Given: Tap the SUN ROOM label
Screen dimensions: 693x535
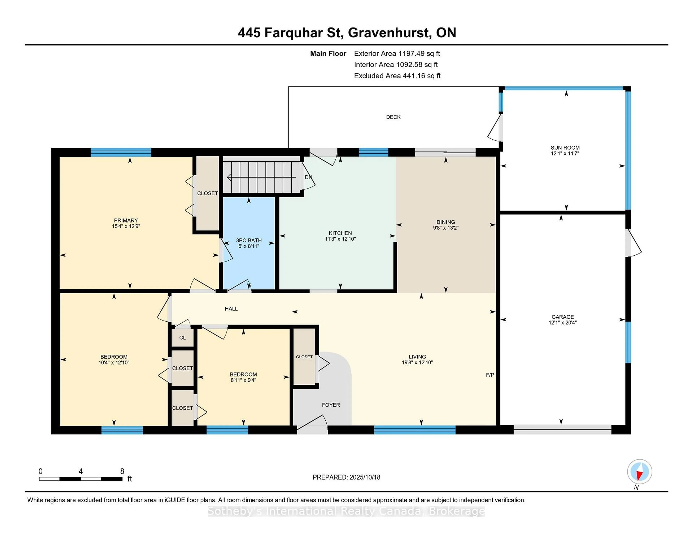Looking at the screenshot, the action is click(x=565, y=148).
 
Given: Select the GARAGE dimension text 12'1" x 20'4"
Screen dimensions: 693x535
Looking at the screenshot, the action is click(x=563, y=323).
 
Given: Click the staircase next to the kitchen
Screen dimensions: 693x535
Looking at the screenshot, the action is click(x=262, y=177).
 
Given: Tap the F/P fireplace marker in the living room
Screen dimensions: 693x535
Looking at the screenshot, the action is click(x=490, y=375).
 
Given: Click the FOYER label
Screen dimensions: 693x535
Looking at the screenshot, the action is click(x=331, y=405).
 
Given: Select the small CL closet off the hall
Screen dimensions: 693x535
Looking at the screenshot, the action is click(x=182, y=338).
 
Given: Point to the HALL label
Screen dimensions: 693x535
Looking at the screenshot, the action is click(x=231, y=309).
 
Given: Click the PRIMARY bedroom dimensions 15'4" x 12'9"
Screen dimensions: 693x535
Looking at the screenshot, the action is click(x=126, y=226).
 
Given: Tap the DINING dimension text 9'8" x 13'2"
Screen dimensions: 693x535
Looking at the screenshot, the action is click(x=446, y=227).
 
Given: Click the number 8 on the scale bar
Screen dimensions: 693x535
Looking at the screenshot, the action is click(x=122, y=471).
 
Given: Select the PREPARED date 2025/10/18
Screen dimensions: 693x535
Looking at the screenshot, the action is click(x=365, y=477).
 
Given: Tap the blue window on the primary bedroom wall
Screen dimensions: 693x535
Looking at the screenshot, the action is click(x=121, y=152).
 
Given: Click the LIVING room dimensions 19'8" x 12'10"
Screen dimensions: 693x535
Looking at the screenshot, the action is click(x=417, y=362).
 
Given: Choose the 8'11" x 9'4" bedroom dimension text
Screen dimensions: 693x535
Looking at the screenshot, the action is click(x=243, y=380).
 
